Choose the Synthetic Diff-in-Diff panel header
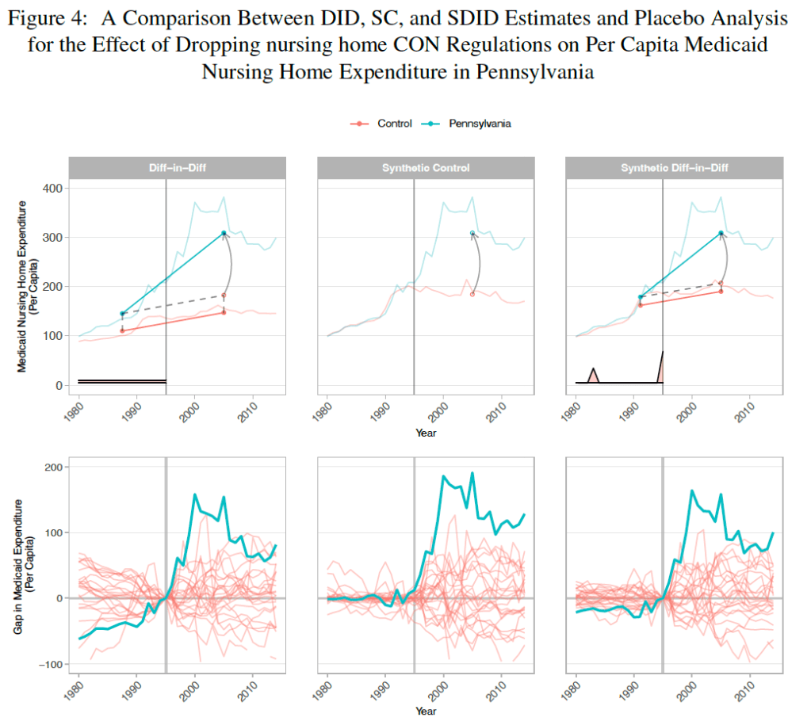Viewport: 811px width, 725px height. pyautogui.click(x=674, y=168)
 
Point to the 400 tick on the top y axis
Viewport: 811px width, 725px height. pyautogui.click(x=54, y=189)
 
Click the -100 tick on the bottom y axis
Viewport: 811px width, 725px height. pyautogui.click(x=51, y=664)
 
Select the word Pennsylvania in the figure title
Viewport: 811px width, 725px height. pyautogui.click(x=535, y=72)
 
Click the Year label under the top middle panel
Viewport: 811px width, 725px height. pyautogui.click(x=426, y=433)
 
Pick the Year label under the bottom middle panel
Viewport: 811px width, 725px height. pyautogui.click(x=426, y=712)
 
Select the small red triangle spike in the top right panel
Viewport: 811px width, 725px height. pyautogui.click(x=593, y=375)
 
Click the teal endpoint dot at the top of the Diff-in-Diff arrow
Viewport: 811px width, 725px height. pyautogui.click(x=224, y=233)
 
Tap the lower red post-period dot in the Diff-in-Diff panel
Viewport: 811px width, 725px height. pyautogui.click(x=224, y=312)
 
